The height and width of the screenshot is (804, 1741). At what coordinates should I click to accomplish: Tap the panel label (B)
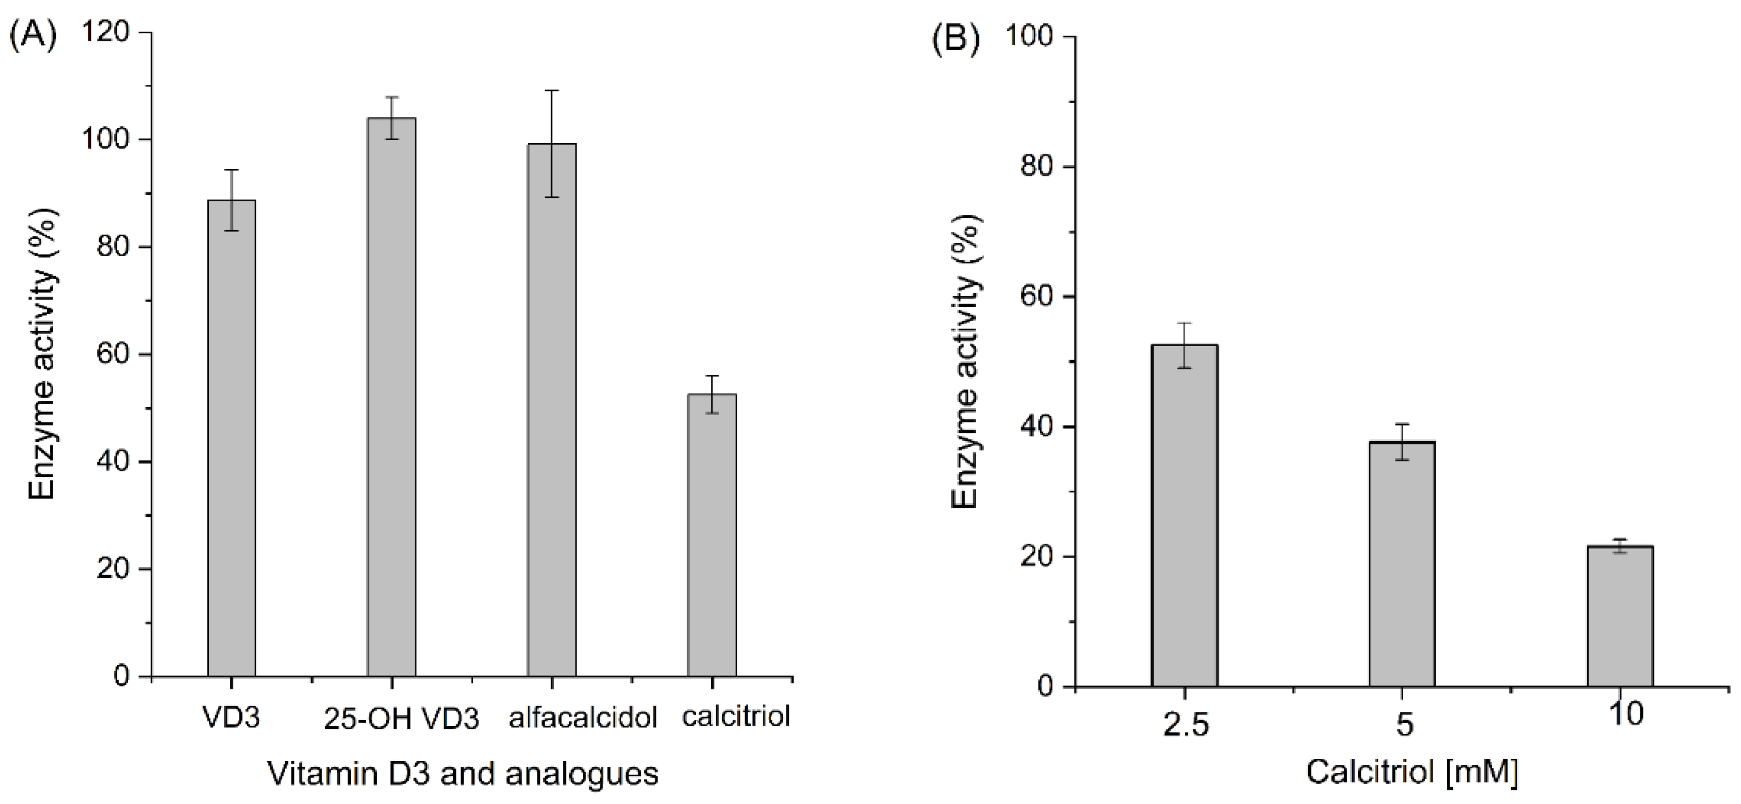pos(955,39)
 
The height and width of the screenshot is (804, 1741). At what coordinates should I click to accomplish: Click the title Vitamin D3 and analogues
pos(463,773)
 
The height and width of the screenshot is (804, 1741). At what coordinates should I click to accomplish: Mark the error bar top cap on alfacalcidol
pos(552,90)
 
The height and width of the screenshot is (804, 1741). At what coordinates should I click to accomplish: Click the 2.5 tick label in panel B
pos(1185,725)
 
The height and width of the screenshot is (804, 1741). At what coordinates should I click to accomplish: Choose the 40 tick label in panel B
pos(1038,427)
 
